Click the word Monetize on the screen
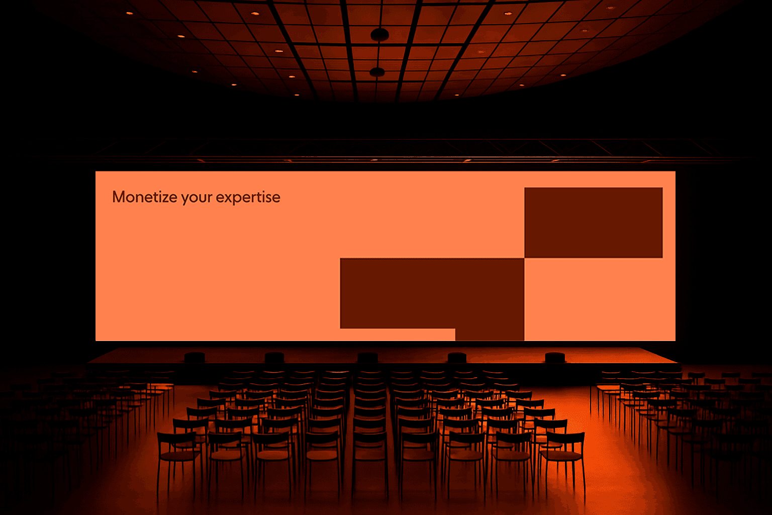click(145, 197)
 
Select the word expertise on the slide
click(248, 198)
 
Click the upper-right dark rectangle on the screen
click(594, 222)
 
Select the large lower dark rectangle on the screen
click(432, 293)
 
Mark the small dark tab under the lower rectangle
click(490, 334)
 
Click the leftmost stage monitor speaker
click(195, 358)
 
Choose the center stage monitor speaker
click(368, 358)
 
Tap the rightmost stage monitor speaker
click(555, 358)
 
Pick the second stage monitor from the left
click(274, 358)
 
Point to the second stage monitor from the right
click(457, 358)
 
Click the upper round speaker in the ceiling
click(380, 35)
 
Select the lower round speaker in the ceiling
click(377, 72)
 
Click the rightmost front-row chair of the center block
click(563, 459)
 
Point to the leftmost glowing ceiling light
click(130, 13)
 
